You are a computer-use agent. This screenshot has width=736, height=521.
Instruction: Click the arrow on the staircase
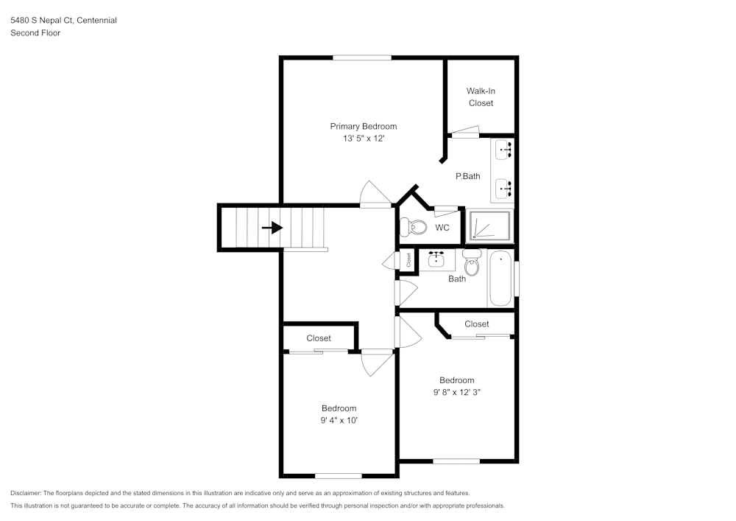[x=272, y=228]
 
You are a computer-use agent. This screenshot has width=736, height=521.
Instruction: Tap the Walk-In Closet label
[x=481, y=97]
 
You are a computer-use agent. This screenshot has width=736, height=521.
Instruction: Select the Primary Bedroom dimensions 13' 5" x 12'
[x=363, y=139]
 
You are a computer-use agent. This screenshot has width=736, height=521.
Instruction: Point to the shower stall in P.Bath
[x=489, y=226]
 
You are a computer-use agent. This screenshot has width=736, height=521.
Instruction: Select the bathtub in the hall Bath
[x=500, y=279]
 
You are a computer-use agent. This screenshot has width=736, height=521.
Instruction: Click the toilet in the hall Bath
[x=472, y=263]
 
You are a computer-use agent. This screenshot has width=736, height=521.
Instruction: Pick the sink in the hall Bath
[x=437, y=259]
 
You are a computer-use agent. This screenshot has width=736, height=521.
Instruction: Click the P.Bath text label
[x=467, y=176]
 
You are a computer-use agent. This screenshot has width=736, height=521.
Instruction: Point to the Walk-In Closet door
[x=465, y=133]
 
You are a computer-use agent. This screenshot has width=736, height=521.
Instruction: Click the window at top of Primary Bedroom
[x=361, y=57]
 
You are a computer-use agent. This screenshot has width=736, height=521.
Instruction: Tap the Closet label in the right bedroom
[x=476, y=324]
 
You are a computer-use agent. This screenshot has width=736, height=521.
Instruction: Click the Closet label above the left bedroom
[x=319, y=338]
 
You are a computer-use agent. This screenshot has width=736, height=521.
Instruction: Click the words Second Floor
[x=35, y=33]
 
